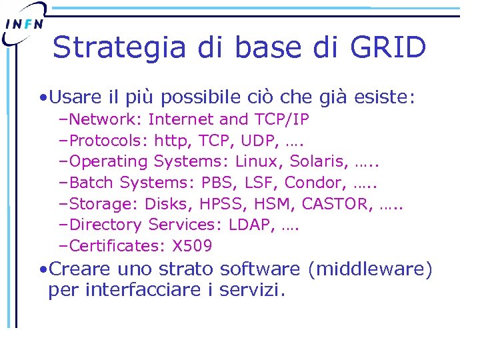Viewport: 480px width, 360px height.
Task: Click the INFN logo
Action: (25, 24)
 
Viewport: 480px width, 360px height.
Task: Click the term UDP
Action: (257, 141)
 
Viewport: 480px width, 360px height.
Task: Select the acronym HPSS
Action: (215, 204)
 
